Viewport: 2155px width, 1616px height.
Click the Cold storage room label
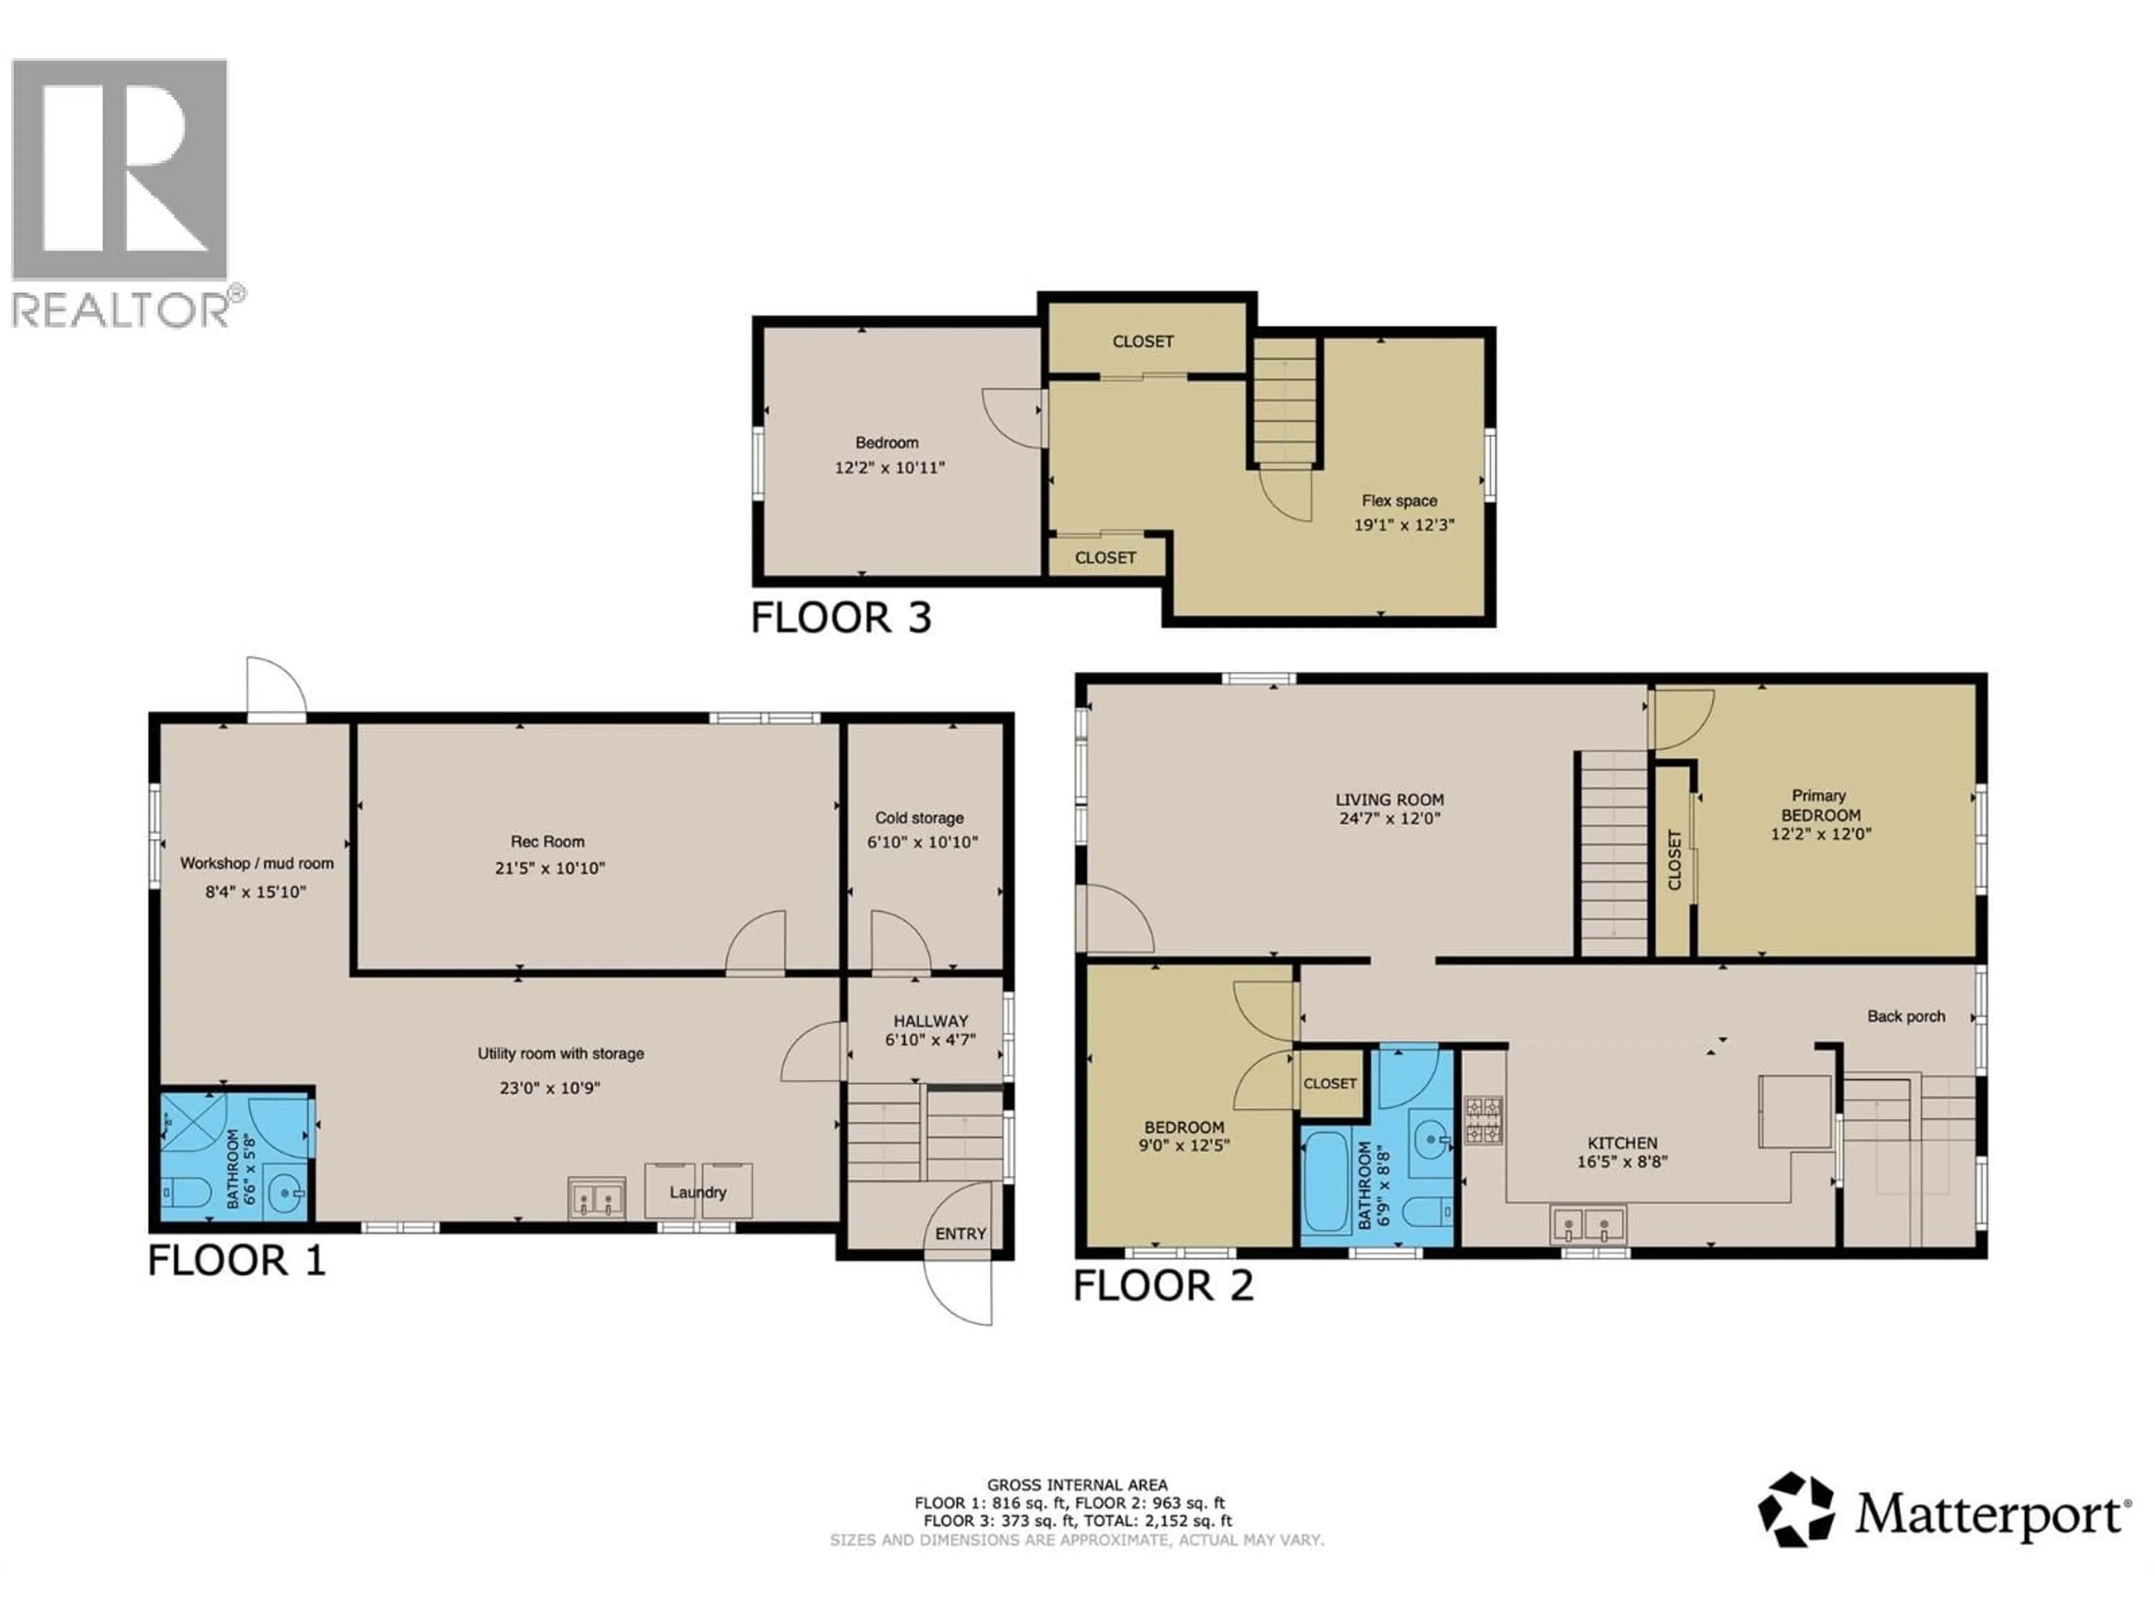pos(919,818)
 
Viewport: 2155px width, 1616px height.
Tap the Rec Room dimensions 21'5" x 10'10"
pos(549,868)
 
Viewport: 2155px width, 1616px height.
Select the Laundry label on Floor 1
pos(698,1192)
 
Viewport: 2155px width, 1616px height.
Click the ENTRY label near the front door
pos(961,1233)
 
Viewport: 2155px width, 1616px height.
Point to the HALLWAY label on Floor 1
pos(930,1021)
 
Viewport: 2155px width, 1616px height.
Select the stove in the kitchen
pos(1484,1119)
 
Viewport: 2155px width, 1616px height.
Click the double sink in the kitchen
pos(1588,1224)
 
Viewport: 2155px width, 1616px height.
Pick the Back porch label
pos(1906,1016)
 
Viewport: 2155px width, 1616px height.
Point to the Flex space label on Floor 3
pos(1399,501)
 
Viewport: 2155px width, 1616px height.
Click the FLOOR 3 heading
pos(841,618)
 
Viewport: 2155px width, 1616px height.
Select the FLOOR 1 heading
pos(236,1260)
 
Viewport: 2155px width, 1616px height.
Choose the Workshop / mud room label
pos(256,863)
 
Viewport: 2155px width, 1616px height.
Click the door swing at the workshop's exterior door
pos(277,688)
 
